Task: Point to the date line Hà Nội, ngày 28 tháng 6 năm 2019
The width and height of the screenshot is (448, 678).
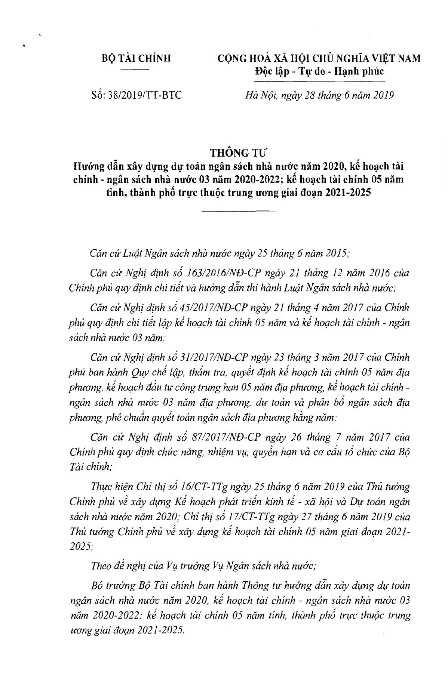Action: tap(317, 95)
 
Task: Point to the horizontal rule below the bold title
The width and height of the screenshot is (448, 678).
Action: tap(238, 212)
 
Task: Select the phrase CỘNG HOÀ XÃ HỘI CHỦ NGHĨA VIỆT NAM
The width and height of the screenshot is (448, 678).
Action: tap(319, 59)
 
